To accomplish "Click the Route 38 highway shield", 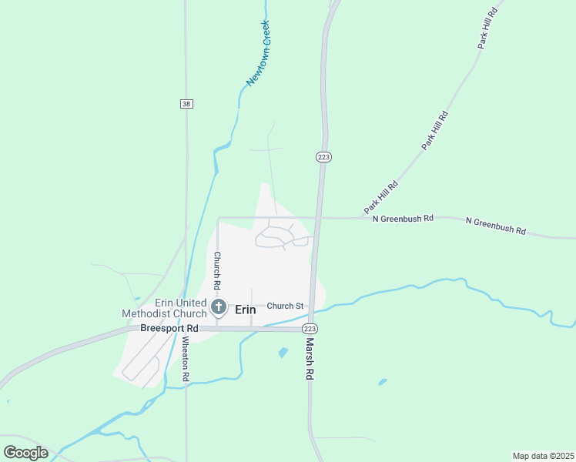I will click(x=186, y=104).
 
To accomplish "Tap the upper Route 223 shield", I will click(x=323, y=156).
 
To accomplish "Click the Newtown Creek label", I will click(x=258, y=52).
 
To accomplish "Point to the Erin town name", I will click(x=245, y=309).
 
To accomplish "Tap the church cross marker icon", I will click(x=219, y=308).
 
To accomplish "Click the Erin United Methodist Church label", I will click(x=164, y=308).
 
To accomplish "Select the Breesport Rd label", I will click(x=169, y=328).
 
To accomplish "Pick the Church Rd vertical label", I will click(x=218, y=266).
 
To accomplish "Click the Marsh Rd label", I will click(x=310, y=359).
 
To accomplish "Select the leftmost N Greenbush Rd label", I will click(x=403, y=219).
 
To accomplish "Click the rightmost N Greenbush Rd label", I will click(x=496, y=226).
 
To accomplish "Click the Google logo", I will click(x=25, y=452).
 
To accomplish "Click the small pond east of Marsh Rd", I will click(x=383, y=381).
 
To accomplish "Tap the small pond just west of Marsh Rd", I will click(x=283, y=353).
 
